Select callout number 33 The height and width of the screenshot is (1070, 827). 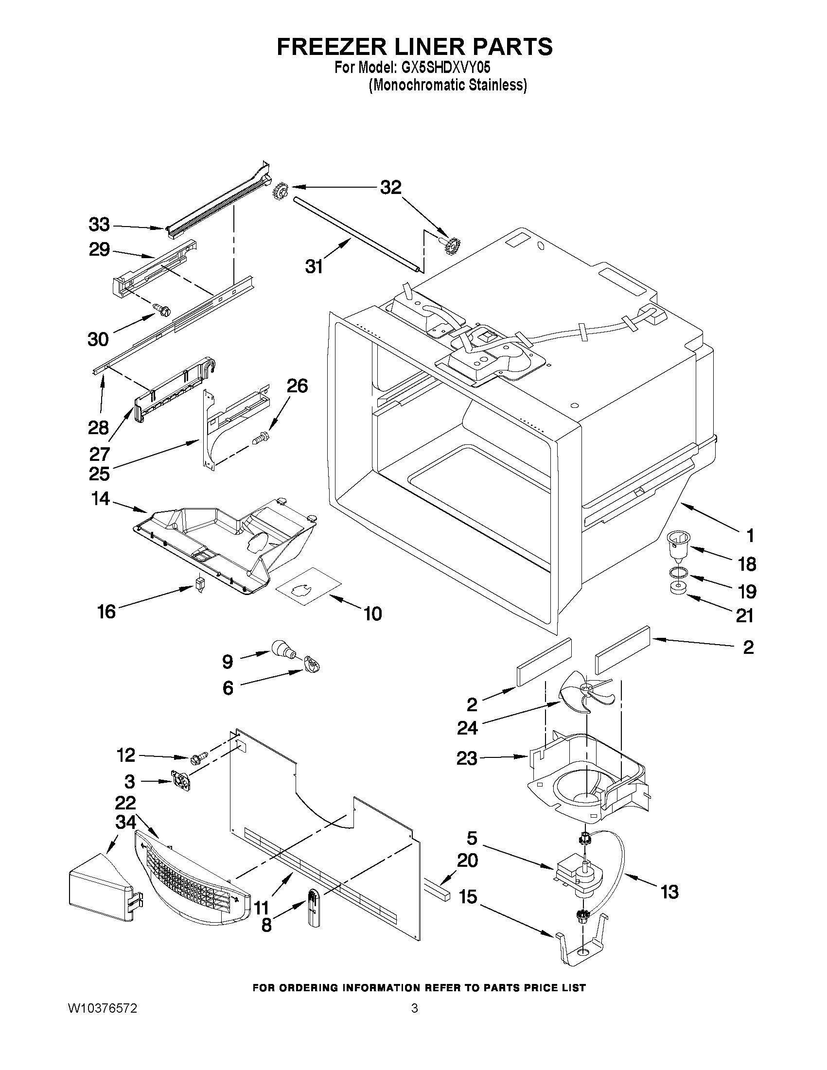[x=99, y=225]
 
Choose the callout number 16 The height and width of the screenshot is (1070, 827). [x=106, y=611]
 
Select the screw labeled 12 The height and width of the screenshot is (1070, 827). [x=198, y=758]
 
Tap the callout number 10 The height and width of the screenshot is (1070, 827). [x=373, y=614]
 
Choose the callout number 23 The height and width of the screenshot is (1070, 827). [x=466, y=758]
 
